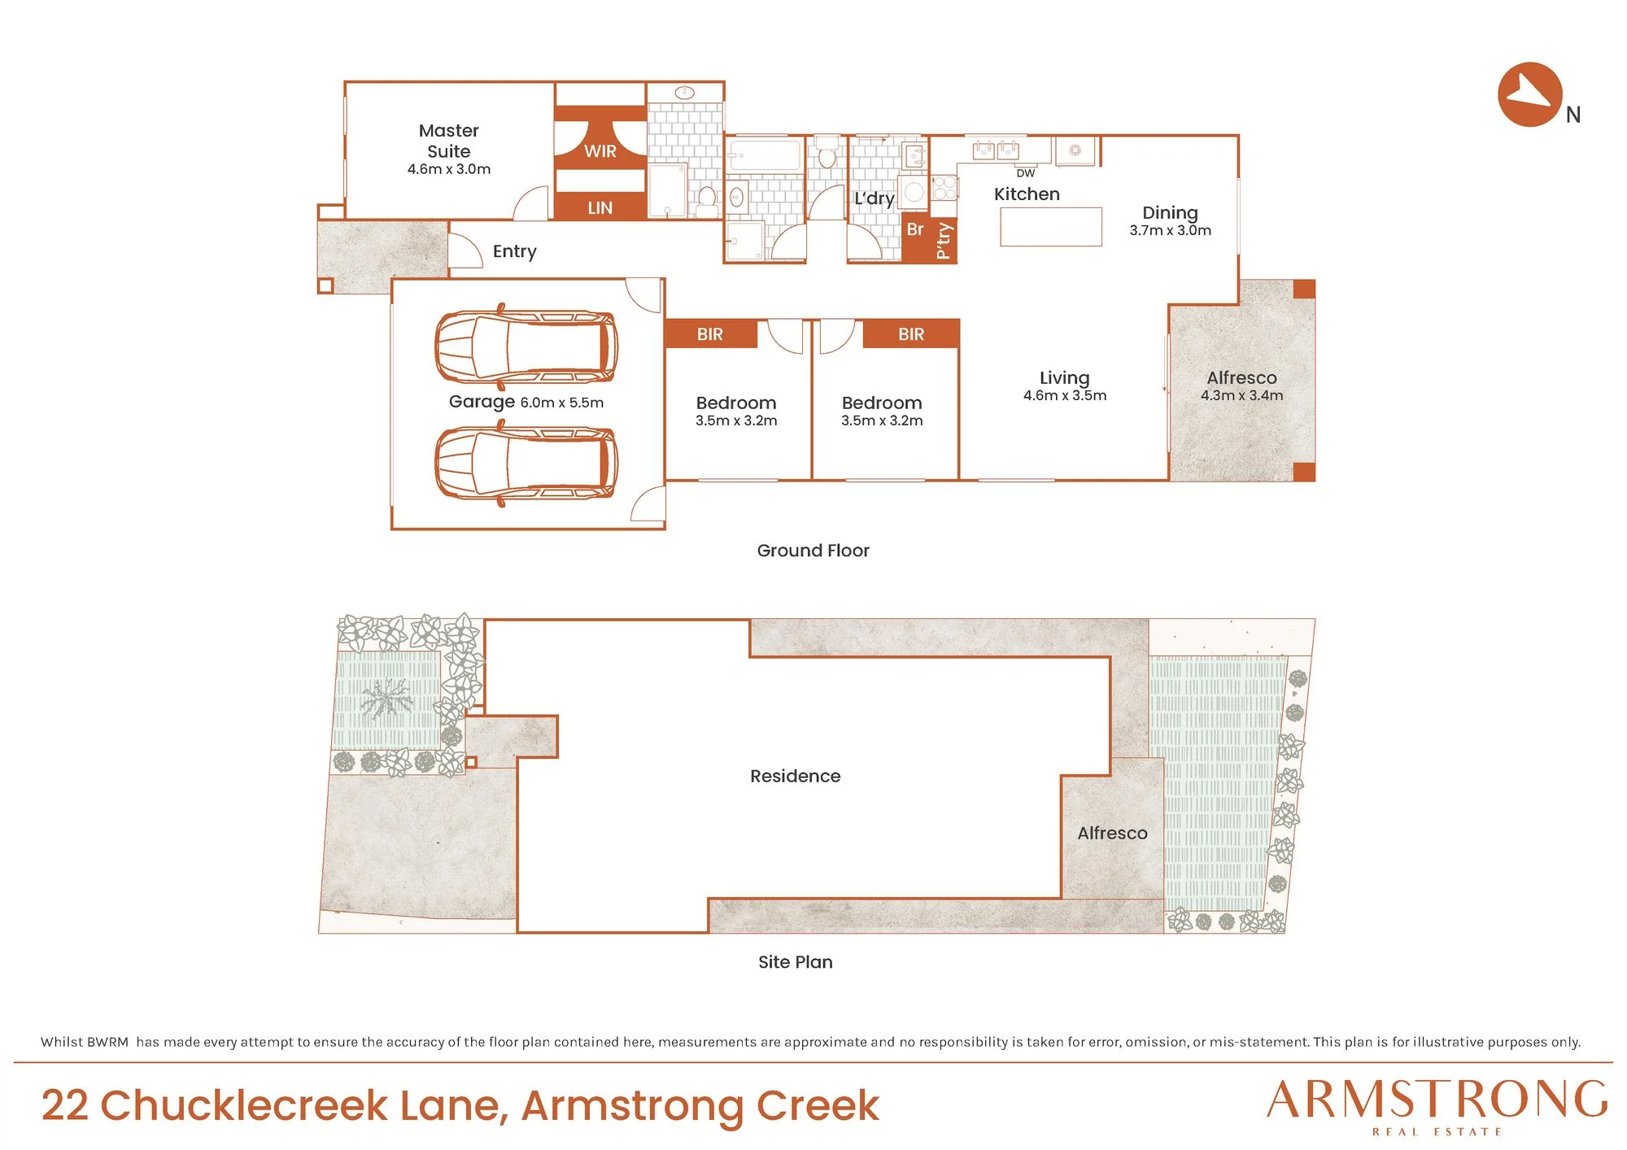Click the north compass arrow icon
tap(1529, 94)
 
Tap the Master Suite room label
tap(449, 141)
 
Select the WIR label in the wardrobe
tap(600, 151)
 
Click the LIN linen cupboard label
tap(600, 208)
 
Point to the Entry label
tap(515, 251)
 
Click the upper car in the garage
tap(526, 347)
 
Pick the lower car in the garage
tap(526, 464)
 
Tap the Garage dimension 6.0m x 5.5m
tap(562, 403)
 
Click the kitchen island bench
tap(1051, 226)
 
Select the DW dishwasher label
tap(1026, 173)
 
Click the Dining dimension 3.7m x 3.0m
tap(1171, 231)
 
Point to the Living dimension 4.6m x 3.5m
tap(1065, 396)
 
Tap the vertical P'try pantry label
tap(944, 241)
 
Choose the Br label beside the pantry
tap(915, 229)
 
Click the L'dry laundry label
tap(875, 198)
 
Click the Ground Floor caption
tap(813, 551)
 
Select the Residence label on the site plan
tap(796, 776)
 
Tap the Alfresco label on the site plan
tap(1113, 833)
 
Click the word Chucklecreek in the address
tap(244, 1105)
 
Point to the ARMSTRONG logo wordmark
tap(1437, 1100)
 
